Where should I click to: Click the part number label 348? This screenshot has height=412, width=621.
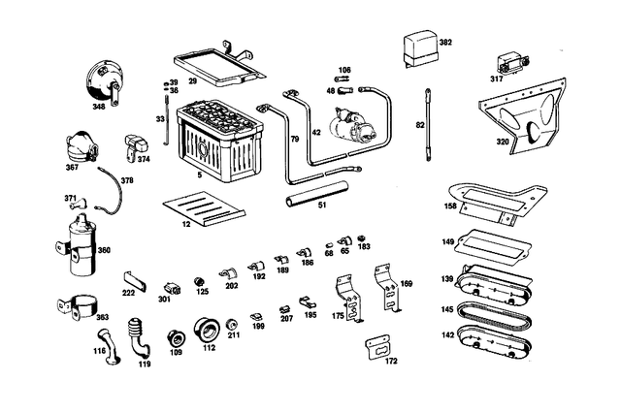tap(99, 107)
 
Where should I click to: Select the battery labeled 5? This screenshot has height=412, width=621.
tap(220, 140)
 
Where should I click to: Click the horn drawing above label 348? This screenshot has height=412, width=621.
tap(102, 84)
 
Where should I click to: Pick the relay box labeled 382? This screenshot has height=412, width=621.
tap(421, 49)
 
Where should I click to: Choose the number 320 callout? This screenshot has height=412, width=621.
tap(503, 142)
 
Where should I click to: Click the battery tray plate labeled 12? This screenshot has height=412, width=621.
tap(204, 209)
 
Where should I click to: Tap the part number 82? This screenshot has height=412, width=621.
tap(420, 125)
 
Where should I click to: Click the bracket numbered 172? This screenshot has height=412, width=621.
tap(378, 347)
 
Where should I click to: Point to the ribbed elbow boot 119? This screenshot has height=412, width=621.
tap(138, 336)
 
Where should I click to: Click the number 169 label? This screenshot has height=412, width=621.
tap(407, 284)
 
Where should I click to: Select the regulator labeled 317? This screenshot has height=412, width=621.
tap(513, 63)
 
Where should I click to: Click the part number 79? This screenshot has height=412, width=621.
tap(295, 139)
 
